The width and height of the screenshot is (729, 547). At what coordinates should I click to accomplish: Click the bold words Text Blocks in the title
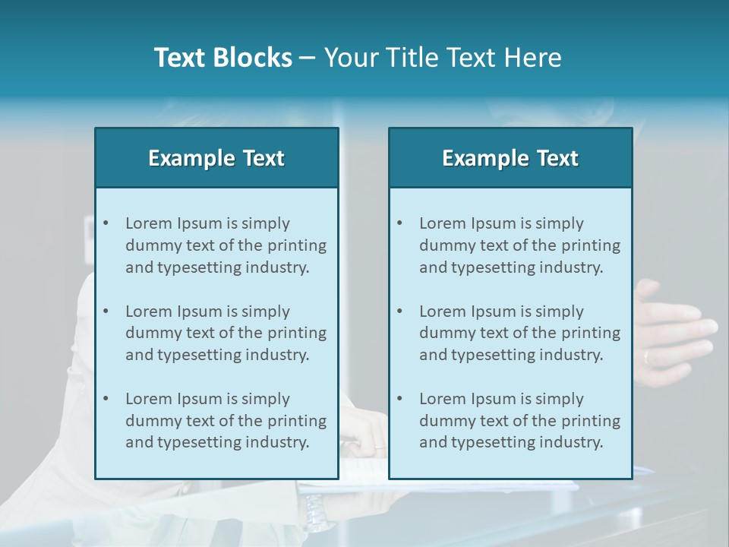click(x=222, y=58)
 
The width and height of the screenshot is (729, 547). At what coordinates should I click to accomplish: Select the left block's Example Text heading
click(x=216, y=158)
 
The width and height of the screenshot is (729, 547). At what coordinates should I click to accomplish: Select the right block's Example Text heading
click(x=510, y=158)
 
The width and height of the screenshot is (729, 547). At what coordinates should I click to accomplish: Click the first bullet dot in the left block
click(x=106, y=223)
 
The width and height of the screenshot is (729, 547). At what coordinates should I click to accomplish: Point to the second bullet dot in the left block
click(x=106, y=311)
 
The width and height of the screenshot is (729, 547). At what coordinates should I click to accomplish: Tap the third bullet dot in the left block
click(x=106, y=399)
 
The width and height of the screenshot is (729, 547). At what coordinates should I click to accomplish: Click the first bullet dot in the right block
click(x=400, y=223)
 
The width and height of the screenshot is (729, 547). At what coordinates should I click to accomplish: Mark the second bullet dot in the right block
click(x=400, y=311)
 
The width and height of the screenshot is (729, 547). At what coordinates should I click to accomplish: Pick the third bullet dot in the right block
click(x=400, y=399)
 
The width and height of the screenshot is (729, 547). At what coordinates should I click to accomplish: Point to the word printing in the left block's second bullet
click(x=299, y=334)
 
